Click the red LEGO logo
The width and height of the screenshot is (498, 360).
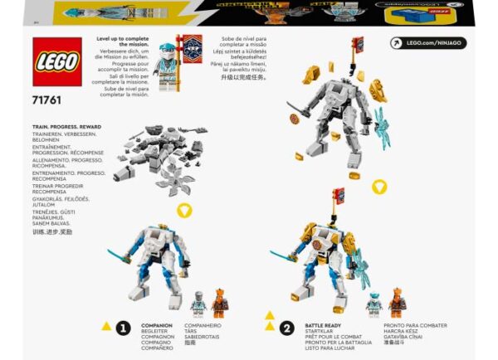(x=57, y=62)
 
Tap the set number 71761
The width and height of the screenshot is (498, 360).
(x=47, y=100)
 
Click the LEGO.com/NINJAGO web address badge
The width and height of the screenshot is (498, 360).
(x=427, y=42)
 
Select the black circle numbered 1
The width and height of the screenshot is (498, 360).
(x=123, y=328)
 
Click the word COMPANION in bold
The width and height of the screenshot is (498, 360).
(x=158, y=326)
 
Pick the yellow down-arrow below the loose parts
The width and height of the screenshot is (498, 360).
(x=184, y=211)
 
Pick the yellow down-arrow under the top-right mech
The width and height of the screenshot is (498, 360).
(x=379, y=186)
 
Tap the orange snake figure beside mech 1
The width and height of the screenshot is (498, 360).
(x=219, y=304)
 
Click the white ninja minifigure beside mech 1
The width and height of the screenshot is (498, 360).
(x=198, y=305)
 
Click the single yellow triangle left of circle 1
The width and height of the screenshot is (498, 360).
(x=105, y=326)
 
